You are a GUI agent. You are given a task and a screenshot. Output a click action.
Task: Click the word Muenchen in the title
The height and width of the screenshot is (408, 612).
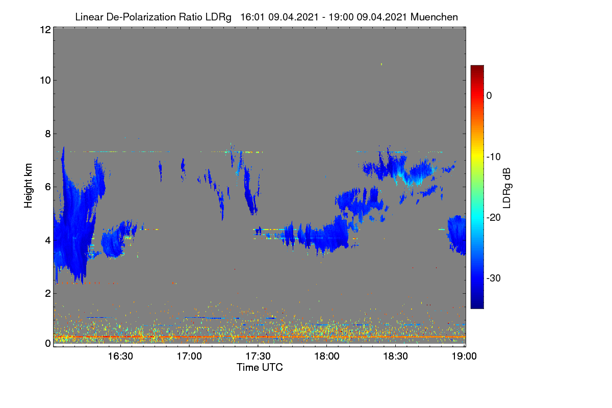[x=434, y=17]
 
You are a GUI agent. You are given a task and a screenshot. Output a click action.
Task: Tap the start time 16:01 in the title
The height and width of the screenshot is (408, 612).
[x=252, y=17]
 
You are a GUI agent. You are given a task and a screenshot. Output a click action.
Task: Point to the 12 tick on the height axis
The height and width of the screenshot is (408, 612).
[x=45, y=30]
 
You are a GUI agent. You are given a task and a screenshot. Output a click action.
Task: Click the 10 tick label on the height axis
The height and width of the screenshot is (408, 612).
[x=45, y=81]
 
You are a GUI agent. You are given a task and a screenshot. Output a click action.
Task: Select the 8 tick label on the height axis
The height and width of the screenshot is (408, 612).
[x=48, y=134]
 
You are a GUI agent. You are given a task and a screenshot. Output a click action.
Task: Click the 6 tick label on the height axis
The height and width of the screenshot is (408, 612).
[x=48, y=187]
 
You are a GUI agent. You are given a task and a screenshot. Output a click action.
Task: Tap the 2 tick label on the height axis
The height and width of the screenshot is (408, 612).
[x=48, y=293]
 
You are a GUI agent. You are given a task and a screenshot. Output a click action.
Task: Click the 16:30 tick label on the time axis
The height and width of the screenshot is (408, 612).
[x=120, y=356]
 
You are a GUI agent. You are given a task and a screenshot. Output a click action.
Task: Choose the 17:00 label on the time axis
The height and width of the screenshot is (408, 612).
[x=189, y=356]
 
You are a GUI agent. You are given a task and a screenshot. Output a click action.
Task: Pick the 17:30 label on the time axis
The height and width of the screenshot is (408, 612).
[x=258, y=356]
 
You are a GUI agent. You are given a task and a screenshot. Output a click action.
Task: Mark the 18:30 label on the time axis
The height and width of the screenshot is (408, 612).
[x=396, y=356]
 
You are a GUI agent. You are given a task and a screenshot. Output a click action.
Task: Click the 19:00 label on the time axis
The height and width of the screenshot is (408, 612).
[x=464, y=356]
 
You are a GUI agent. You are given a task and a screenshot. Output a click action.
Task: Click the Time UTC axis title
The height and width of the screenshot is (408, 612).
[x=260, y=367]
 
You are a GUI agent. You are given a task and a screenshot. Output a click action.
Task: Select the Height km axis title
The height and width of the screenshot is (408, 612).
[x=28, y=186]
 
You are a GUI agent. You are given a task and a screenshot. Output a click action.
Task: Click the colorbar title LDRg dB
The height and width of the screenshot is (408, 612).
[x=506, y=188]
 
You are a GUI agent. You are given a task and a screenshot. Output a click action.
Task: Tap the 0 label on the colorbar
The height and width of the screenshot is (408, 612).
[x=489, y=96]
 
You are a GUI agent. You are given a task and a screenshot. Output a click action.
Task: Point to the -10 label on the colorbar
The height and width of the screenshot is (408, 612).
[x=494, y=157]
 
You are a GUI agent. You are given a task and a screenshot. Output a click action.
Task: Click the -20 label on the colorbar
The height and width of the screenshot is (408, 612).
[x=494, y=218]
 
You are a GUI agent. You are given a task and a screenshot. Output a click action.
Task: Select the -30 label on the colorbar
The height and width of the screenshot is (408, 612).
[x=494, y=278]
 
